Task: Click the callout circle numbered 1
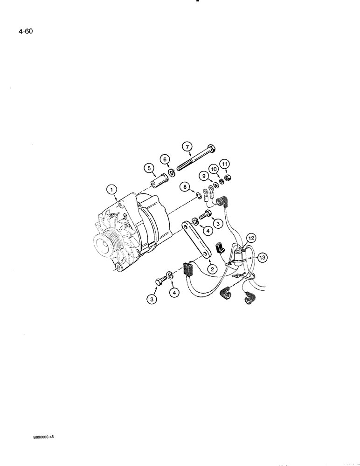click(111, 189)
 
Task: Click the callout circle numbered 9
click(203, 176)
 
